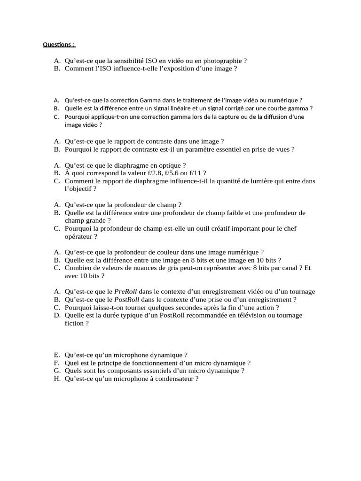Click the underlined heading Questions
tap(59, 45)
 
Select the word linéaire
tap(185, 108)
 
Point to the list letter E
tap(57, 355)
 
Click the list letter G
tap(57, 371)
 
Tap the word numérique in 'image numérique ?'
tap(242, 252)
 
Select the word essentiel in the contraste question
tap(230, 149)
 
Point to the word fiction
tap(73, 323)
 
